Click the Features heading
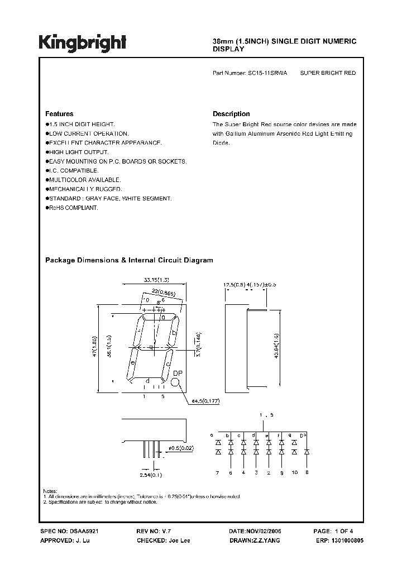click(x=59, y=114)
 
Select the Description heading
click(x=231, y=114)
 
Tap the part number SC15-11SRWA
click(x=267, y=73)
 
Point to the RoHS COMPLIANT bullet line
click(x=73, y=208)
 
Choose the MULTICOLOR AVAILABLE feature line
click(x=84, y=180)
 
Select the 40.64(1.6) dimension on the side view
click(x=277, y=347)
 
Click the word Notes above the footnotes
click(x=50, y=490)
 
